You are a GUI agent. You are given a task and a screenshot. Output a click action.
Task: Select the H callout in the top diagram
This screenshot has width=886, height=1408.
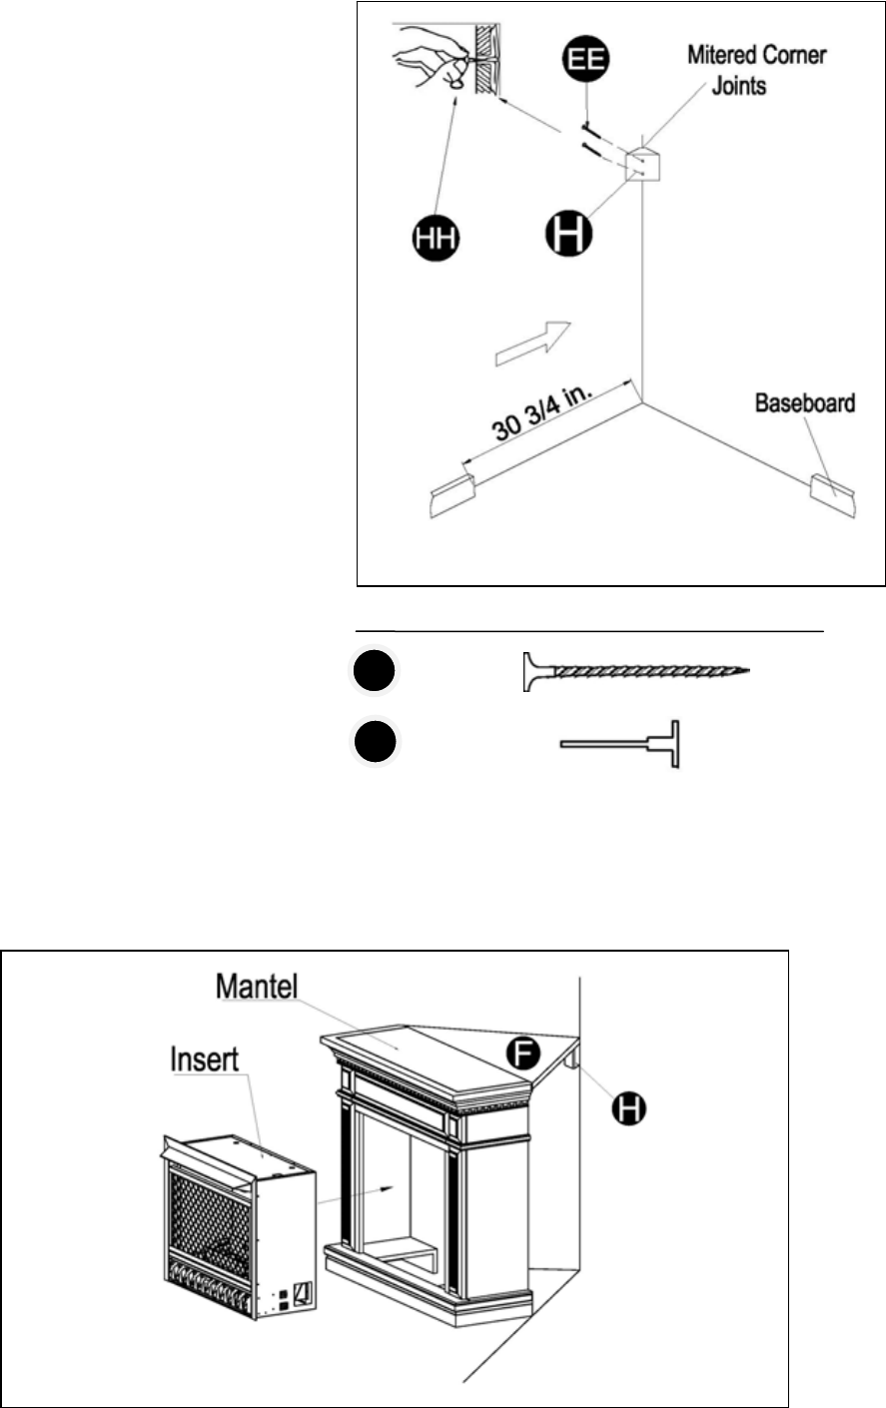[567, 232]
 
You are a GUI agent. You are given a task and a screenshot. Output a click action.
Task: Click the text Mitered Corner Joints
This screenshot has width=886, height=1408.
[756, 68]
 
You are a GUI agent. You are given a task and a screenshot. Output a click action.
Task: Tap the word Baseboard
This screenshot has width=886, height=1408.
[804, 403]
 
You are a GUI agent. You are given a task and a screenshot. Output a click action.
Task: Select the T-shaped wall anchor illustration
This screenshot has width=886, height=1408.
[620, 744]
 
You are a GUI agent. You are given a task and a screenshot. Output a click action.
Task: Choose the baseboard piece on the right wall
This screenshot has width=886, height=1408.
[831, 495]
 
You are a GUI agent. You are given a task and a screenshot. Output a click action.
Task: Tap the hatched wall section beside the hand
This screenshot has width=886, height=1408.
[485, 59]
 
